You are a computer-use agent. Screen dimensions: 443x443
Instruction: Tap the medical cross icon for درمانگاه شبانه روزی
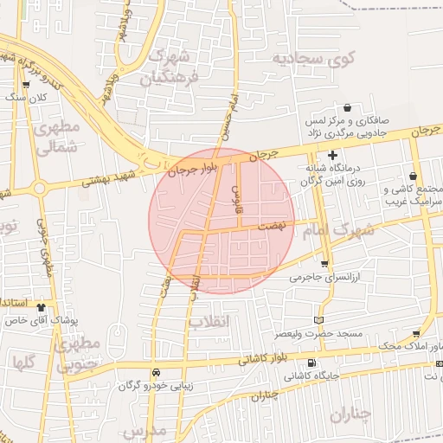coord(332,154)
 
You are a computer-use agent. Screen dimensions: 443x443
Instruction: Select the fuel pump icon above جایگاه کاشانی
coord(311,363)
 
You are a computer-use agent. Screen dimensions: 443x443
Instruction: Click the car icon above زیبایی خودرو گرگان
coord(156,370)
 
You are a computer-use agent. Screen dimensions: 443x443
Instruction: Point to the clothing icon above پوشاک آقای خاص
coord(41,306)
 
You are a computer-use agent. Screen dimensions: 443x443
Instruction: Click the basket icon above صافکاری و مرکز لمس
coord(347,108)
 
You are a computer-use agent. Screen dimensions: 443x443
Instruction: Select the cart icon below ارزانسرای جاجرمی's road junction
coord(324,264)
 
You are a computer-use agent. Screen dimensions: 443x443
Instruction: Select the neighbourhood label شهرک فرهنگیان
coord(170,67)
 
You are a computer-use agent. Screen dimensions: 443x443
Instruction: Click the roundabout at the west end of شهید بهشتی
coord(38,188)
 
